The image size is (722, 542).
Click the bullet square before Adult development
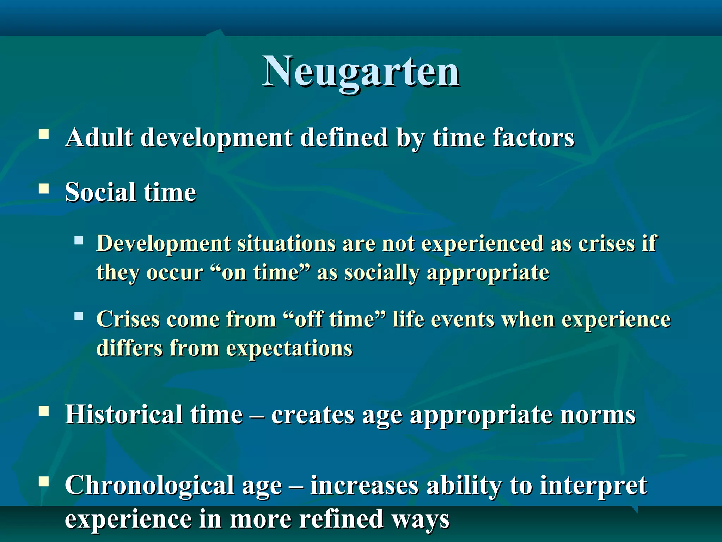(44, 134)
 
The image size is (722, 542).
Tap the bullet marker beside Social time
(44, 189)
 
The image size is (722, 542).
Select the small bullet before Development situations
(79, 241)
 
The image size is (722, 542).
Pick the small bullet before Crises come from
(79, 316)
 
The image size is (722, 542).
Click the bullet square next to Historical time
(44, 411)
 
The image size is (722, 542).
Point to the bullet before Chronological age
(44, 481)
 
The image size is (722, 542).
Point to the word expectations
(289, 349)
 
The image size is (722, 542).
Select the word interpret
(594, 486)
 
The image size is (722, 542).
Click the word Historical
(124, 415)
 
